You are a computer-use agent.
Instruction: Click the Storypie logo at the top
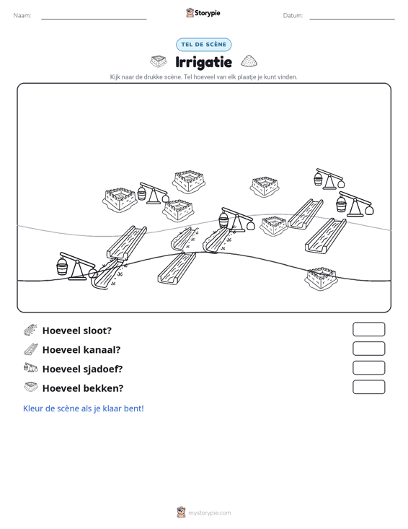[203, 13]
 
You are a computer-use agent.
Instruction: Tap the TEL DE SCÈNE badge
[203, 45]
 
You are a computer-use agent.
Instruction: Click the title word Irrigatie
[203, 62]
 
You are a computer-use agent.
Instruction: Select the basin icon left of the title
[159, 61]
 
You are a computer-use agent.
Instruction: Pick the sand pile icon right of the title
[249, 61]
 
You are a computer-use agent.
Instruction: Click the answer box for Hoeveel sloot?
[368, 329]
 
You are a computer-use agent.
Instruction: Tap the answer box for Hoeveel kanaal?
[368, 349]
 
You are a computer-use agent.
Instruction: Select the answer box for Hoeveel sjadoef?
[368, 368]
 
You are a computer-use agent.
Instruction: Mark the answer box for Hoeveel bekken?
[368, 387]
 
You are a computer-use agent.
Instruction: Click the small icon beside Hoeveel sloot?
[30, 330]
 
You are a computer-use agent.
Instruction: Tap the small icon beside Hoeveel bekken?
[30, 387]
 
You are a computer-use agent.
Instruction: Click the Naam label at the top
[22, 16]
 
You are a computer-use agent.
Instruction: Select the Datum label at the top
[293, 16]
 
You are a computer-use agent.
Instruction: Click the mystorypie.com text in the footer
[210, 513]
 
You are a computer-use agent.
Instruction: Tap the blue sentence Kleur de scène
[83, 408]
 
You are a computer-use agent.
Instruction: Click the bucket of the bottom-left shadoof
[62, 267]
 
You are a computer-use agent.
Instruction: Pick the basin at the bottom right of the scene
[321, 279]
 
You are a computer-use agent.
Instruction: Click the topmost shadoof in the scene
[329, 178]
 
